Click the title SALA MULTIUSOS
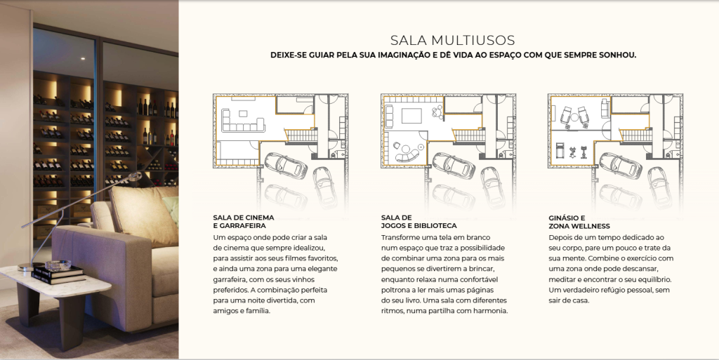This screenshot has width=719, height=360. point(453,40)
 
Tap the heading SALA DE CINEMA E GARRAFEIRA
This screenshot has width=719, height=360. point(244,222)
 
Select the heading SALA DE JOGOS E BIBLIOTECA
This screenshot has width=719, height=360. point(418,222)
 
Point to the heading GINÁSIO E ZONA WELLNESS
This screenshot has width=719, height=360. point(579,222)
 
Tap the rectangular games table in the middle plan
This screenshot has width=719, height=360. point(411,116)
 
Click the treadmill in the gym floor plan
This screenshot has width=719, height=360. point(560,149)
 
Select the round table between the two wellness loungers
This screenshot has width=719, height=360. point(574,117)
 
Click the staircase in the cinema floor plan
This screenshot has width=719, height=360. point(300,135)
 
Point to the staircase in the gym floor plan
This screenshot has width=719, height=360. point(635,135)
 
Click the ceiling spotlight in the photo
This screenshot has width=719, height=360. point(82,58)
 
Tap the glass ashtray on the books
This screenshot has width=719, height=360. point(58,265)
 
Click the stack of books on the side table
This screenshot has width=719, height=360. point(58,274)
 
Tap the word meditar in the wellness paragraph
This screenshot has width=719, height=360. point(562,279)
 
